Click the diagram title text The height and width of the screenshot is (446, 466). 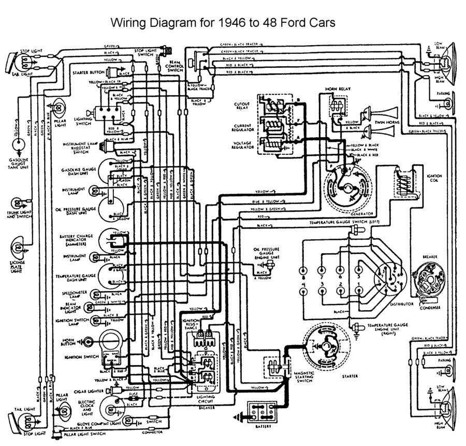click(x=223, y=23)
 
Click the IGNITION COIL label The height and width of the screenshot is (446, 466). click(x=434, y=179)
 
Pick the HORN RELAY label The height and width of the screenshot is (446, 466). click(x=338, y=89)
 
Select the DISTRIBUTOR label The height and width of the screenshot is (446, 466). click(x=402, y=304)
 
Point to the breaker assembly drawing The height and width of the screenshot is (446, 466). click(x=428, y=280)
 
